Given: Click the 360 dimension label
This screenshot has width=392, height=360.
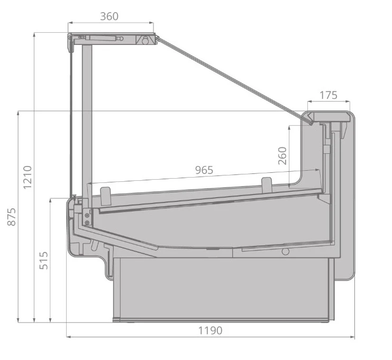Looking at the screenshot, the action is pos(110,16).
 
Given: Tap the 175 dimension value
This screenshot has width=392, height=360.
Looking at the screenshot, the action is pos(329,95).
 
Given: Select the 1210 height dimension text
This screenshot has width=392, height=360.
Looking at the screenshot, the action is pos(28,177).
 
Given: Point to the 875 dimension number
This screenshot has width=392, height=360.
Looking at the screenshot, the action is pos(12,217).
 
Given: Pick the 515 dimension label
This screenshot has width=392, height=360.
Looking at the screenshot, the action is pos(44,261).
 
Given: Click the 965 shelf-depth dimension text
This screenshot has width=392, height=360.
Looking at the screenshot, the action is pos(204,170).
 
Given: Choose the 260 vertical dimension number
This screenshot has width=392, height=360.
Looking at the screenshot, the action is pos(282,155).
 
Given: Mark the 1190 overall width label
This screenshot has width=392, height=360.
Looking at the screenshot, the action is pos(210,330).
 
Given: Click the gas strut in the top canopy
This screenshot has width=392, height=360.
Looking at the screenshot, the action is pos(101,38).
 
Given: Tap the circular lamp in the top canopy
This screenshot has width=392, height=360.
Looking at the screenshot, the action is pos(145,41).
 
